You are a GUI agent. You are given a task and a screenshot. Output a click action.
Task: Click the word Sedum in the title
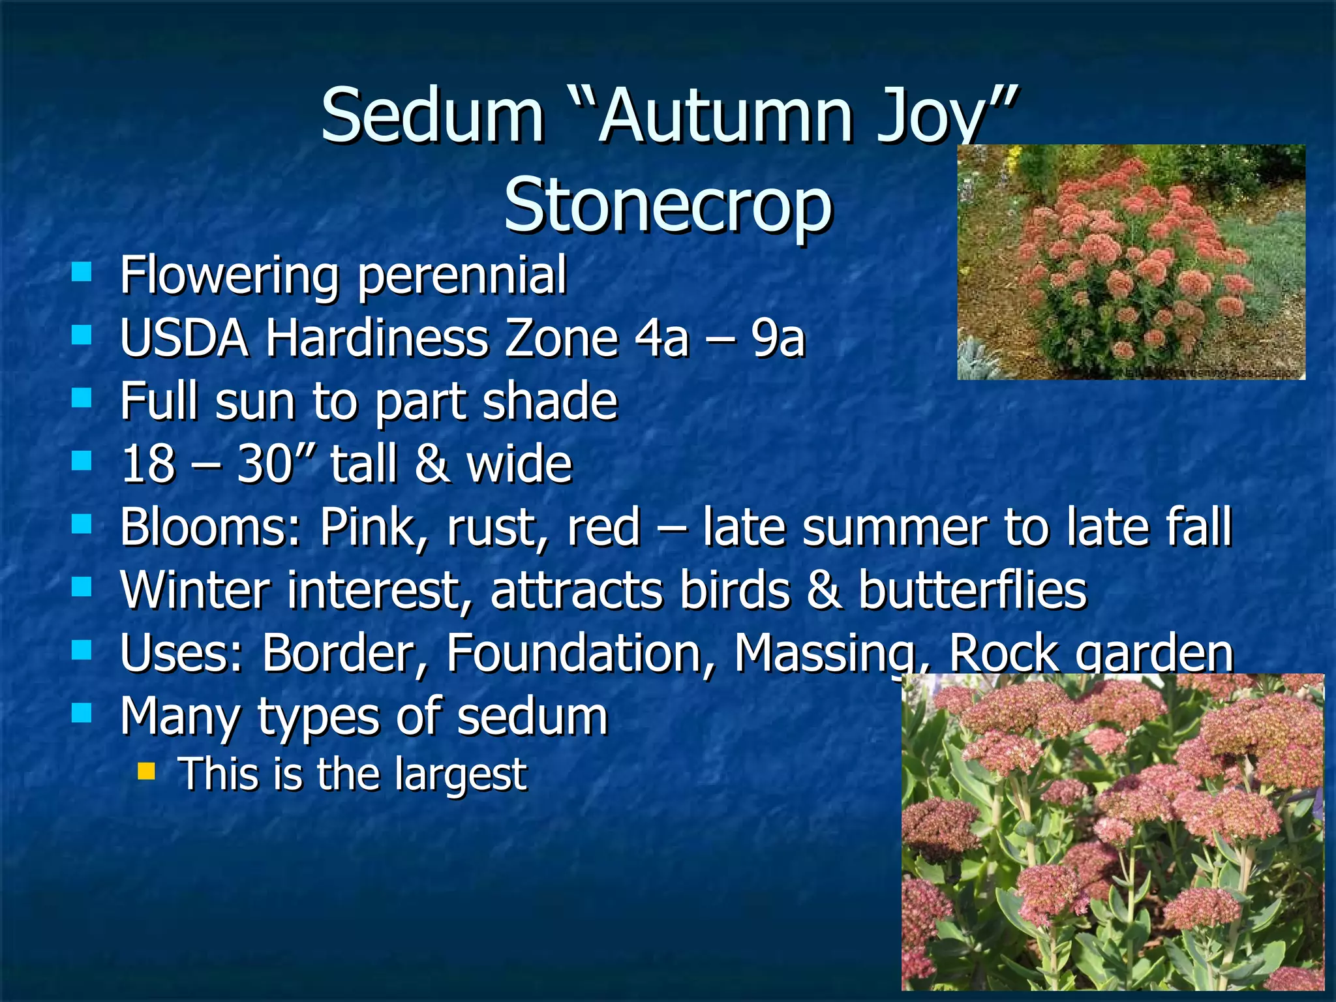click(433, 115)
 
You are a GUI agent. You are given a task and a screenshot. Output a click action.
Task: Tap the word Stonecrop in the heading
click(668, 205)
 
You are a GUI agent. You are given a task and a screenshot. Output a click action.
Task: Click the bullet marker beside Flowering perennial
click(82, 272)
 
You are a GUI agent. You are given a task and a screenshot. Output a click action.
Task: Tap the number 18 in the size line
click(149, 464)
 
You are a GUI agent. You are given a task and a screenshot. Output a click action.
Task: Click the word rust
click(498, 527)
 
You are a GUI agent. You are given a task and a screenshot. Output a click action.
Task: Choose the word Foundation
click(581, 653)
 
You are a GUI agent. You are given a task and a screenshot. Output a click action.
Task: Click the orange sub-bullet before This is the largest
click(147, 772)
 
